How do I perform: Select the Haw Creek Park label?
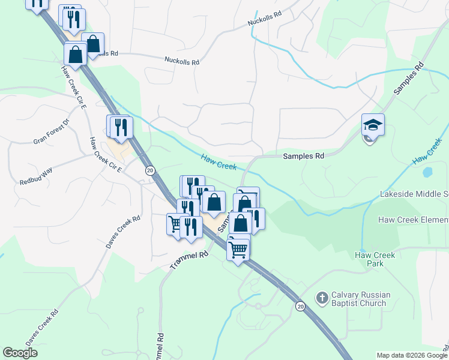(375, 259)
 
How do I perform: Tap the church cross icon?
(322, 298)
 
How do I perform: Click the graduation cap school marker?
(372, 125)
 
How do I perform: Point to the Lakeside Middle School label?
(414, 194)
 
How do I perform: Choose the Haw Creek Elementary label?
(413, 220)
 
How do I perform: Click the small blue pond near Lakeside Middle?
(427, 173)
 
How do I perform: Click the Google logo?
(20, 353)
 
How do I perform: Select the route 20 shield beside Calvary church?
(300, 307)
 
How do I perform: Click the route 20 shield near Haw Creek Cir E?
(149, 170)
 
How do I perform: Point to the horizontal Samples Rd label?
(303, 156)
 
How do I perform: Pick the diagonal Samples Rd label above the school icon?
(409, 78)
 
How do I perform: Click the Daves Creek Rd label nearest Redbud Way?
(123, 232)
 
